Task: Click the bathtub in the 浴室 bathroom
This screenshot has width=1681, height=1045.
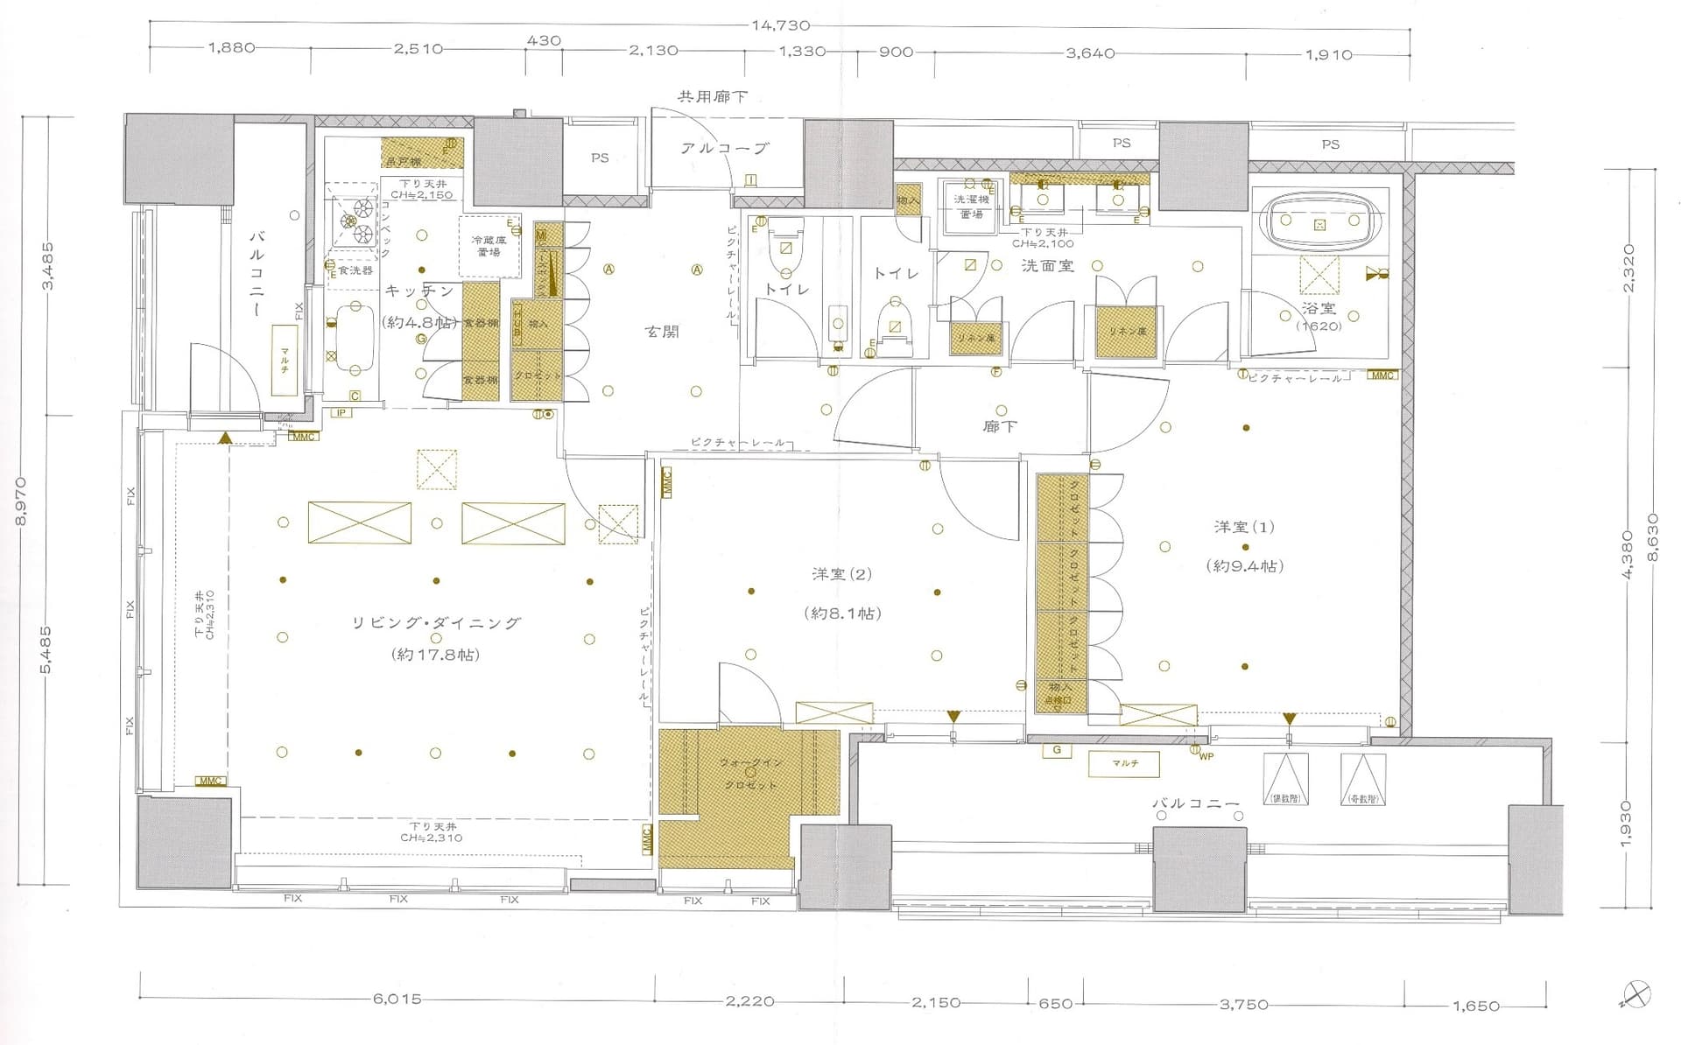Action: click(x=1319, y=223)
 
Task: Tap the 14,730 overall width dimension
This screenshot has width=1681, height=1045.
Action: click(x=780, y=25)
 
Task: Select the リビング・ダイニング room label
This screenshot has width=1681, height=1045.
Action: click(x=435, y=623)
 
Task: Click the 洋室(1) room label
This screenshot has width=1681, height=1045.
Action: click(x=1244, y=527)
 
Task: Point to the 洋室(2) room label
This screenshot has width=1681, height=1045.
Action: click(x=842, y=574)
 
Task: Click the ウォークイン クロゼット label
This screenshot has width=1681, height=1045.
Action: click(x=751, y=774)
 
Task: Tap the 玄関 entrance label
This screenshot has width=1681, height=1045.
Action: click(x=661, y=332)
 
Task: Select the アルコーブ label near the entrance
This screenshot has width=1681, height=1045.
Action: click(x=725, y=149)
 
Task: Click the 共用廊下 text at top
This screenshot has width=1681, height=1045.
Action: click(x=712, y=96)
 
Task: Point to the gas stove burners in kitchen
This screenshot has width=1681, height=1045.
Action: click(x=353, y=218)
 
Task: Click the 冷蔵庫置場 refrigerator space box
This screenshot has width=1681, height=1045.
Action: click(x=489, y=245)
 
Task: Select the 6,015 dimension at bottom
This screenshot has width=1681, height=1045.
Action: click(x=397, y=999)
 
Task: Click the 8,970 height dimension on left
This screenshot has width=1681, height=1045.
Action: click(x=21, y=501)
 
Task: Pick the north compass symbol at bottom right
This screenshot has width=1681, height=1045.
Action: click(x=1635, y=995)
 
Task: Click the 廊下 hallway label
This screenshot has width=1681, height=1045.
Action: click(x=999, y=427)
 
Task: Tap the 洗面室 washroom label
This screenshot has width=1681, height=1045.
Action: click(x=1047, y=265)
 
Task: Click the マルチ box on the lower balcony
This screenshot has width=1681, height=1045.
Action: click(x=1124, y=763)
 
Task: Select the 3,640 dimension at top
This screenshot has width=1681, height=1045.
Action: click(x=1090, y=53)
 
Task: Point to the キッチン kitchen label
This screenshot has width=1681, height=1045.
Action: click(x=419, y=291)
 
